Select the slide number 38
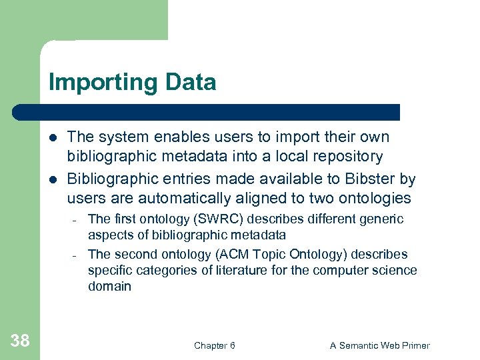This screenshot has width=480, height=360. click(20, 341)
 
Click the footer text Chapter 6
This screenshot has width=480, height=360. click(214, 345)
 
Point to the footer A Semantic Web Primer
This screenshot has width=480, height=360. click(380, 345)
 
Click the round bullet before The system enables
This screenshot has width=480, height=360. click(53, 138)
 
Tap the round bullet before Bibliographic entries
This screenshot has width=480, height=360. click(53, 180)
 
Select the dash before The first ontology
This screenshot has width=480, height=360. click(75, 220)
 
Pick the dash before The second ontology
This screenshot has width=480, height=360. click(75, 255)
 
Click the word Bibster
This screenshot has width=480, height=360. click(368, 179)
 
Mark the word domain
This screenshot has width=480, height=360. click(109, 287)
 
